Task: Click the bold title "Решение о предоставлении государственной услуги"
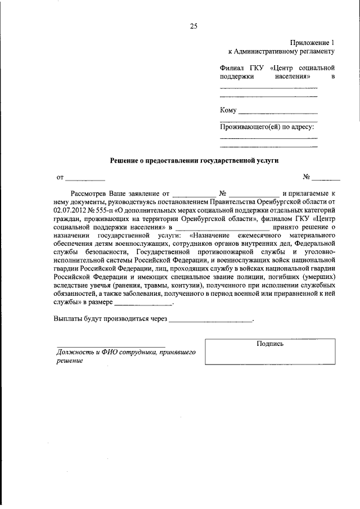coord(193,160)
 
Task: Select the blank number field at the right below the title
coord(326,178)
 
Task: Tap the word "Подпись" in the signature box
coord(270,344)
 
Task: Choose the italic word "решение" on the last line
coord(69,361)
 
